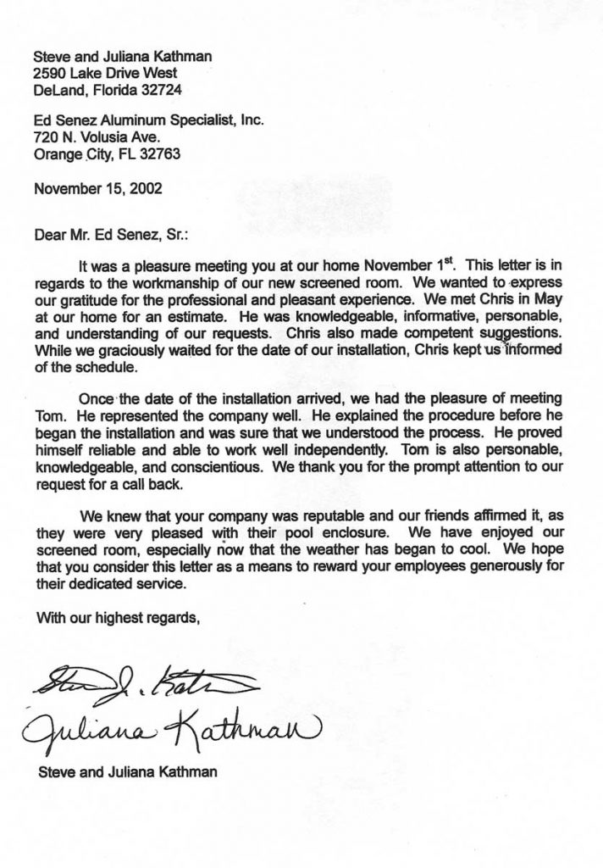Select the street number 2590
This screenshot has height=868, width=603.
(x=48, y=73)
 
